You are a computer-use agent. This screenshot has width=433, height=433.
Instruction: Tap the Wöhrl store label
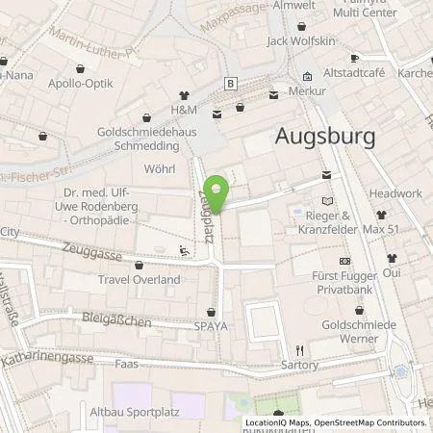point(159,169)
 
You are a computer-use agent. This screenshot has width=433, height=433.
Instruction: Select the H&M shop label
point(183,111)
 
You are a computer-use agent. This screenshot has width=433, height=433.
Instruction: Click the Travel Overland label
point(139,279)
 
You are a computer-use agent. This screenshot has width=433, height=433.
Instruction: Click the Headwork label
point(395,193)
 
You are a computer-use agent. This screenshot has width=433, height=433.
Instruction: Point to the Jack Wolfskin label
point(299,41)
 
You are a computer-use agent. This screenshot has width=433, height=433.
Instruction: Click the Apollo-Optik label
point(80,84)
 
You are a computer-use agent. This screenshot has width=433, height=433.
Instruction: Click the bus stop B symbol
point(230,83)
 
